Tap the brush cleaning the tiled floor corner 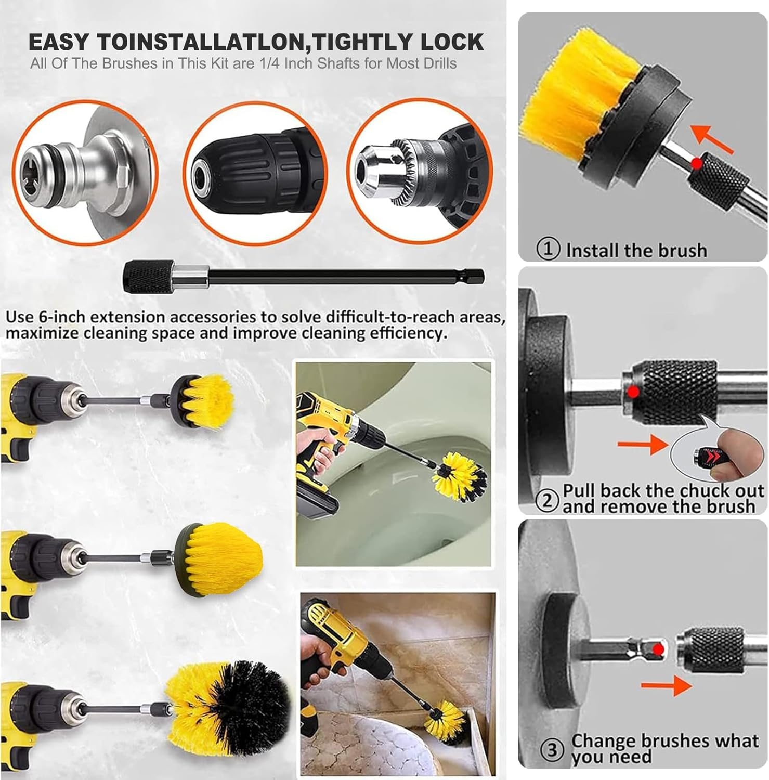[x=445, y=718]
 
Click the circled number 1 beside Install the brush [x=548, y=249]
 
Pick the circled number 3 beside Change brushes [x=552, y=750]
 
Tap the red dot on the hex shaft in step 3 [x=658, y=649]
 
